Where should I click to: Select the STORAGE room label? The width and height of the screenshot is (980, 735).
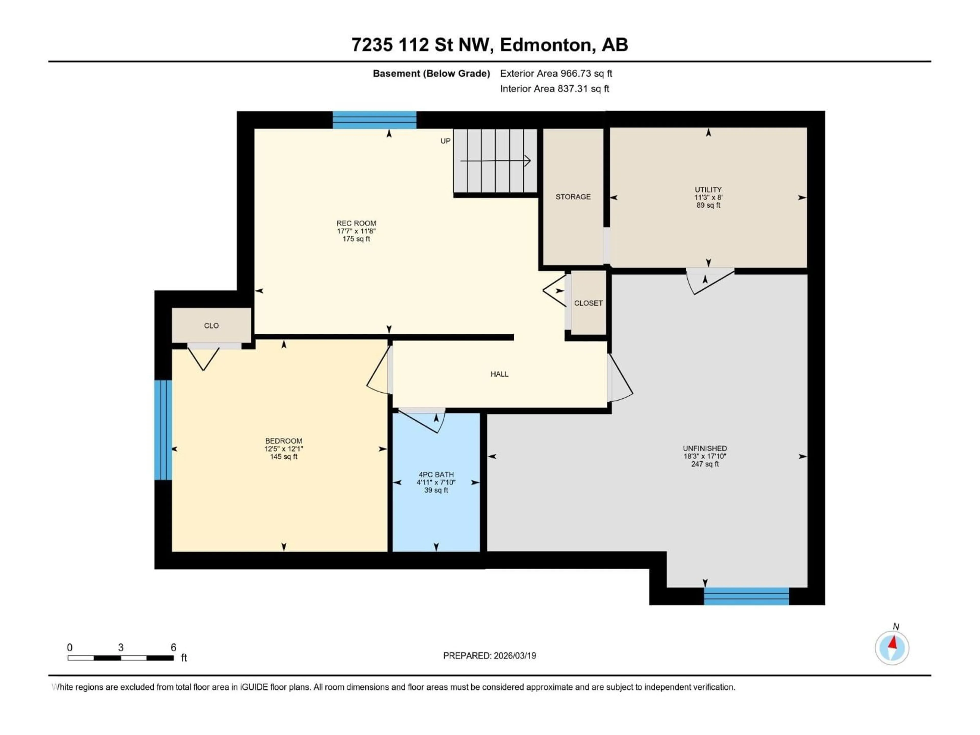[573, 197]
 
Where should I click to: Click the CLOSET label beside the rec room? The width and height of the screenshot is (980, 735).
[588, 303]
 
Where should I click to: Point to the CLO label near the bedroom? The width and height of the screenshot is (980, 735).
[211, 326]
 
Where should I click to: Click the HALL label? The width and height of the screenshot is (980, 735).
[499, 374]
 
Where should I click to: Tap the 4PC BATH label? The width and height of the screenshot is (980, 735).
[436, 474]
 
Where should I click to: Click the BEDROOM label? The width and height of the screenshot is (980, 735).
[284, 441]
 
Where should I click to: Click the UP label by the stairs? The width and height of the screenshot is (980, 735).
[445, 141]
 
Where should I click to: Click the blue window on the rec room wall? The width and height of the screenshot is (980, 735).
[374, 120]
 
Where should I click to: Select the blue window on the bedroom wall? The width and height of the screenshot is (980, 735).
[163, 430]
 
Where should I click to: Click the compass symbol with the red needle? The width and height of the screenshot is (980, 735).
[892, 648]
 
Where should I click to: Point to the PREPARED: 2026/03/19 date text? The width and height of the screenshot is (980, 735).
[489, 656]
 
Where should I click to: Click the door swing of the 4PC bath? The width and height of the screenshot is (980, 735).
[421, 421]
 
